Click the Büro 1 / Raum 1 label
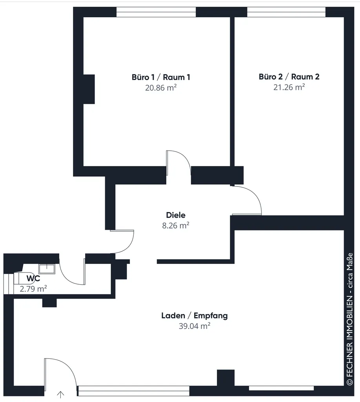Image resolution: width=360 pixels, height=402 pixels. click(161, 77)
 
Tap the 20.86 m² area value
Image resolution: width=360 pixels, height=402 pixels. click(161, 88)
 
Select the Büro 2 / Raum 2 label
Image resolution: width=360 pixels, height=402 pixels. click(289, 77)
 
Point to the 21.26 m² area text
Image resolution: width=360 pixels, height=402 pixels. click(289, 87)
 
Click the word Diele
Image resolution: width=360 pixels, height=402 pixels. click(176, 215)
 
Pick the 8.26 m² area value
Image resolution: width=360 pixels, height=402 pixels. click(176, 225)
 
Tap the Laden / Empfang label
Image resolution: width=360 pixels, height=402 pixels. click(195, 316)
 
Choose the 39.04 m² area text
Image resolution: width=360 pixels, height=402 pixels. click(195, 326)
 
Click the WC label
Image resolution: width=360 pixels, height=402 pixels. click(33, 278)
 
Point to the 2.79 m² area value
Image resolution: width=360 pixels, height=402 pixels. click(33, 289)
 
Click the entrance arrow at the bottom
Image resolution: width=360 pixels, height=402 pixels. click(60, 395)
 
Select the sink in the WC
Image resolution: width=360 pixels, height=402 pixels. click(47, 269)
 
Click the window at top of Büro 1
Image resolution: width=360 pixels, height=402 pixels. click(156, 12)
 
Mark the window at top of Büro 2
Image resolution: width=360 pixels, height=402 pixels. click(286, 12)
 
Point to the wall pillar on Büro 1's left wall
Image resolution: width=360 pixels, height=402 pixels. click(89, 89)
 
